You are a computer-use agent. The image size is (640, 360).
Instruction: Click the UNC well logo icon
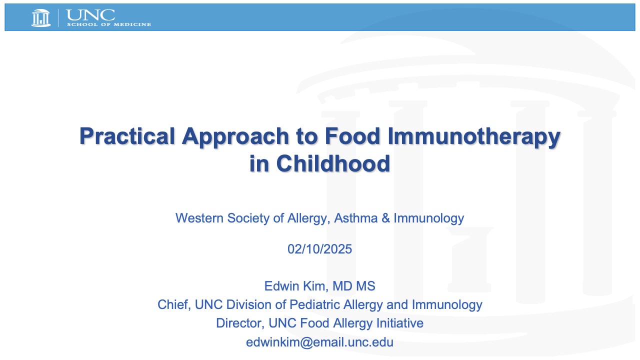41,17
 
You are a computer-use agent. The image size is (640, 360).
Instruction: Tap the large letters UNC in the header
90,14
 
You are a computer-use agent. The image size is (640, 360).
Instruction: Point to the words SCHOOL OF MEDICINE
108,24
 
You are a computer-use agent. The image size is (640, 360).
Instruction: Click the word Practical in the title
127,136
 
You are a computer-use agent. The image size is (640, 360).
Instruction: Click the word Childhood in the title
332,163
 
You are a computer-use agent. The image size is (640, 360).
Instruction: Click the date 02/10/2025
319,248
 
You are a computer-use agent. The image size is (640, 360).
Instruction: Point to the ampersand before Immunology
385,218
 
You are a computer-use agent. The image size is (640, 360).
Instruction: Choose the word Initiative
398,323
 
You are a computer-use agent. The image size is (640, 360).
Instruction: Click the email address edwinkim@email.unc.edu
319,342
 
